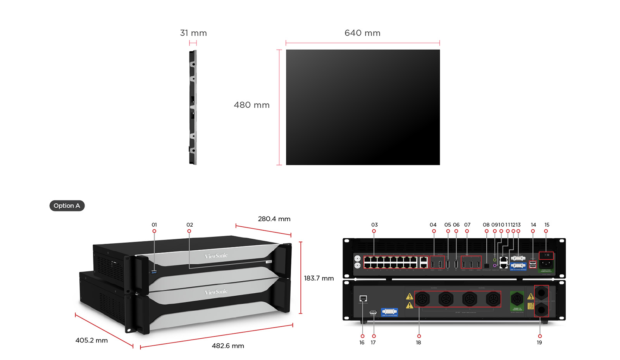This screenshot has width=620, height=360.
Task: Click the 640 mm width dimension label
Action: tap(362, 33)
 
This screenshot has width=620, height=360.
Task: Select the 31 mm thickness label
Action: tap(193, 33)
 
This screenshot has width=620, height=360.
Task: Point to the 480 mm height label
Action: tap(251, 105)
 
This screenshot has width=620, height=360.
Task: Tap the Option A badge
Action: tap(67, 206)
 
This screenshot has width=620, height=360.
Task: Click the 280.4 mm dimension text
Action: tap(274, 219)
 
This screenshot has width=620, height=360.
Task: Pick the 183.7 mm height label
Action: tap(319, 278)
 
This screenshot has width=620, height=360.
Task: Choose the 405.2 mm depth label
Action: tap(91, 340)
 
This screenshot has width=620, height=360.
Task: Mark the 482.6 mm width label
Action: tap(228, 346)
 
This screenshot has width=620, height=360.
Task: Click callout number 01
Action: tap(154, 225)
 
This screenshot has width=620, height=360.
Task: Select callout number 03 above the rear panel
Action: tap(374, 225)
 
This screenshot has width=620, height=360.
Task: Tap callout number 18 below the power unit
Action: tap(418, 343)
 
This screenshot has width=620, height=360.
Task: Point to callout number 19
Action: tap(539, 343)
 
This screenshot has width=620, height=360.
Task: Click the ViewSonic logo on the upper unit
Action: tap(216, 256)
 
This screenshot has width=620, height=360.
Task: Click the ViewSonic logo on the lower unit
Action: tap(216, 292)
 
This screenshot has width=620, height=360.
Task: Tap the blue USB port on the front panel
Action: tap(154, 272)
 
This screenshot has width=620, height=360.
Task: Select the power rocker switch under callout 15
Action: tap(546, 255)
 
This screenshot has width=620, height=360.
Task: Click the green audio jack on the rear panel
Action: tap(494, 260)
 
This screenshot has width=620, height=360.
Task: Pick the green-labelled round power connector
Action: tap(517, 299)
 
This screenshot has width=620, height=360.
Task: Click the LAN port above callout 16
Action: tap(363, 298)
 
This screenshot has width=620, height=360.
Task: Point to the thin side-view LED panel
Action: tap(193, 107)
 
